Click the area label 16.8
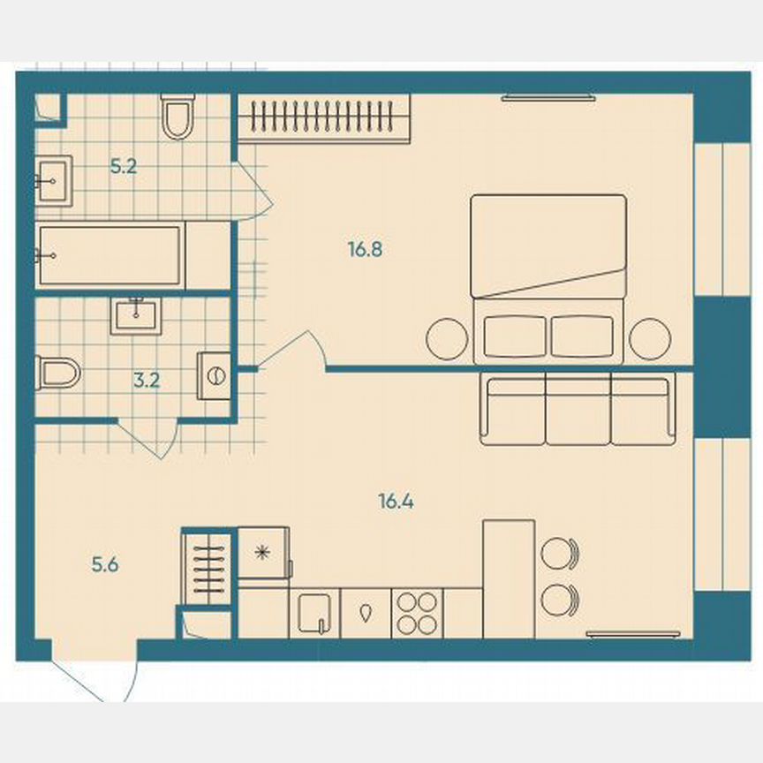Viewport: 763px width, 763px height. pos(364,250)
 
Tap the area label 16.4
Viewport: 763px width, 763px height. pos(397,502)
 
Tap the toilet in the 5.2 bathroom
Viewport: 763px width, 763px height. pos(178,118)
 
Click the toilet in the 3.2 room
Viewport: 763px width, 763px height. pos(57,373)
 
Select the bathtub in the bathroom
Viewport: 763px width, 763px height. pos(110,255)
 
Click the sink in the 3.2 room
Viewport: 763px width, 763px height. pos(136,315)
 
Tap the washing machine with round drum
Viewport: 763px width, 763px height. pos(215,375)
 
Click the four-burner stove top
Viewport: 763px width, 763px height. pos(417,612)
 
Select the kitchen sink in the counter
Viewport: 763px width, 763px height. pos(315,612)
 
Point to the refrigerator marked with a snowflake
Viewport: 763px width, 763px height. pos(262,553)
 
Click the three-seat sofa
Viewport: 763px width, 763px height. pos(578,409)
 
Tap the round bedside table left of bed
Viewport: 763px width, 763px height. pos(448,337)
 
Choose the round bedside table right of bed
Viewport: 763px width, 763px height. pos(651,337)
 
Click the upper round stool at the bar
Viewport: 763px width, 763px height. pos(559,554)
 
